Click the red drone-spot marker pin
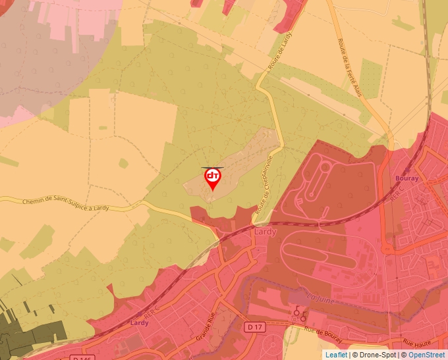coord(213,179)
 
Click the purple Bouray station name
coord(406,178)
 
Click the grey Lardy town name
coord(265,232)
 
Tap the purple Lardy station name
coord(139,323)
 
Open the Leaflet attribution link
coord(336,355)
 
